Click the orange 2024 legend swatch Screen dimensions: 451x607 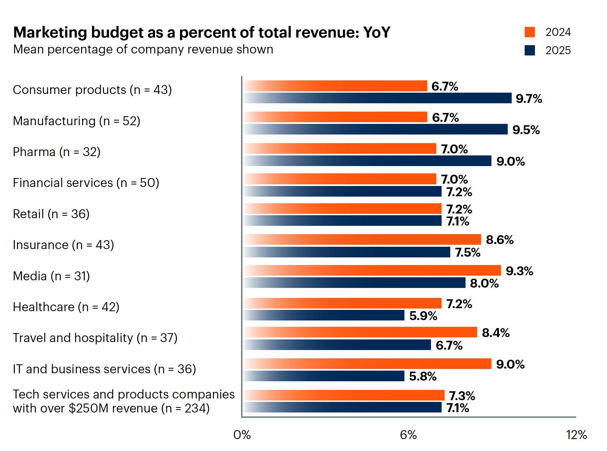[x=530, y=32]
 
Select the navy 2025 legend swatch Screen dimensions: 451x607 [x=530, y=50]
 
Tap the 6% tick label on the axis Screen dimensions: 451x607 [x=408, y=435]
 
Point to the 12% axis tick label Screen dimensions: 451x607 [x=576, y=435]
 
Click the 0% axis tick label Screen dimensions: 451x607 [x=242, y=435]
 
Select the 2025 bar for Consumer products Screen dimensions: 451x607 [x=377, y=98]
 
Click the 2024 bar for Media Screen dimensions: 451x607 [x=372, y=270]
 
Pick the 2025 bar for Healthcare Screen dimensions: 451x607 [x=323, y=315]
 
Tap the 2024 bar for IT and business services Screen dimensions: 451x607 [x=367, y=364]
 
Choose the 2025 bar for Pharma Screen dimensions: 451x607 [x=367, y=161]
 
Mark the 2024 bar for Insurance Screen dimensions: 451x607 [x=362, y=239]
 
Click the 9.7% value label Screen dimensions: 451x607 [x=529, y=99]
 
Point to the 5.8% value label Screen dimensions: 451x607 [x=423, y=376]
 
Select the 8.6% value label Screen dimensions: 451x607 [x=499, y=240]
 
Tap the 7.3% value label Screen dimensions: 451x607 [x=462, y=396]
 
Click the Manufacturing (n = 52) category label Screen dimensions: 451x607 [x=76, y=121]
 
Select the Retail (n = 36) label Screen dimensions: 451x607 [x=51, y=214]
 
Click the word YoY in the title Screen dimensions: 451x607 [x=377, y=33]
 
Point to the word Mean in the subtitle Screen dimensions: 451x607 [x=29, y=49]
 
